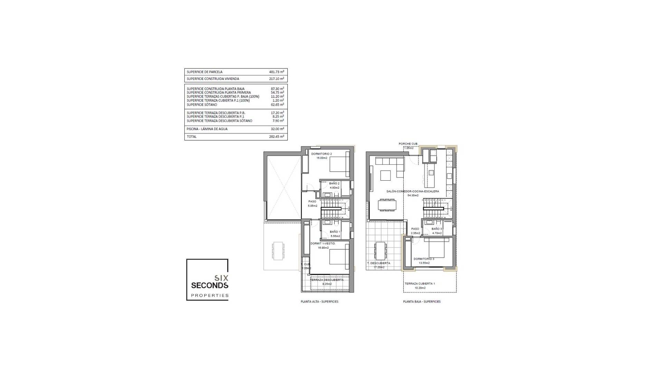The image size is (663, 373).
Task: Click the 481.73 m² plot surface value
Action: pyautogui.click(x=277, y=72)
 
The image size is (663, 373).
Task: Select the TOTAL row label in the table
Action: pyautogui.click(x=192, y=137)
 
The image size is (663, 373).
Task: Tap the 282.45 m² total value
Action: pyautogui.click(x=277, y=137)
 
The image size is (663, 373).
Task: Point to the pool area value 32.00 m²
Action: pyautogui.click(x=277, y=129)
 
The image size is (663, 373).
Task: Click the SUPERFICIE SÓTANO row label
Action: pyautogui.click(x=202, y=105)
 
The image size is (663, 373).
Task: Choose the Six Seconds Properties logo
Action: pyautogui.click(x=207, y=280)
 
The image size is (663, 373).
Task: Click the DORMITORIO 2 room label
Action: pyautogui.click(x=321, y=154)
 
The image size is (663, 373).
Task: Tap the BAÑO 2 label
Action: pyautogui.click(x=334, y=183)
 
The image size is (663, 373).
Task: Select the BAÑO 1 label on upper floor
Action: pyautogui.click(x=335, y=232)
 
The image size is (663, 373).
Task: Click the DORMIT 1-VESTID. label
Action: pyautogui.click(x=323, y=243)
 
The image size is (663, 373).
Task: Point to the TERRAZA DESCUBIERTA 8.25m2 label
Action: pyautogui.click(x=327, y=280)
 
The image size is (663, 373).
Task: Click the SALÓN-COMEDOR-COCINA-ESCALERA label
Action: pyautogui.click(x=413, y=191)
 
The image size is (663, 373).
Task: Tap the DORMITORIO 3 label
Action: pyautogui.click(x=424, y=259)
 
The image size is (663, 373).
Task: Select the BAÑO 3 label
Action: pyautogui.click(x=436, y=229)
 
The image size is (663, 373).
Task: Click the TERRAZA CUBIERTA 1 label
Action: pyautogui.click(x=420, y=284)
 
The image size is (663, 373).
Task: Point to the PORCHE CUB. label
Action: pyautogui.click(x=408, y=144)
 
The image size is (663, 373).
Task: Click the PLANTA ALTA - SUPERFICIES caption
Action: pyautogui.click(x=319, y=302)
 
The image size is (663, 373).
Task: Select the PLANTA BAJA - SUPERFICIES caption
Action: pyautogui.click(x=422, y=302)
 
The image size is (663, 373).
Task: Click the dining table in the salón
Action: pyautogui.click(x=387, y=205)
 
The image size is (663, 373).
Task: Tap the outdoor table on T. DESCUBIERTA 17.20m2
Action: pyautogui.click(x=381, y=250)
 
